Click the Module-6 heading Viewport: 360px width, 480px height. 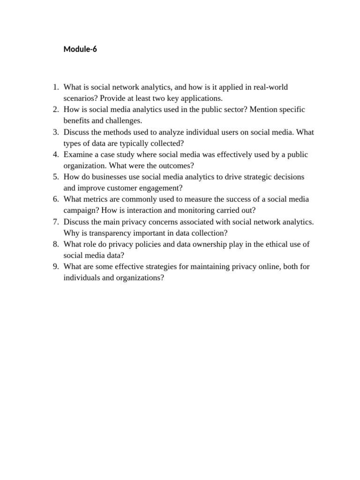point(80,49)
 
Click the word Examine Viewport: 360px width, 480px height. point(78,155)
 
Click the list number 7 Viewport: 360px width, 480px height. point(55,222)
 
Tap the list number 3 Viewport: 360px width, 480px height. point(55,132)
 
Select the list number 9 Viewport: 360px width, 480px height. point(55,267)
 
